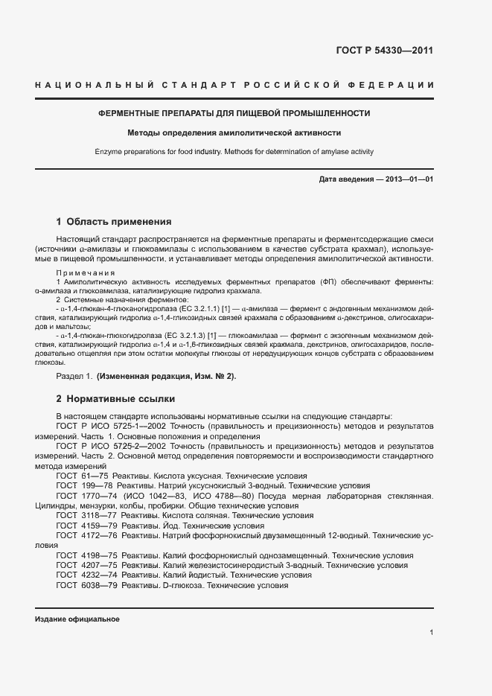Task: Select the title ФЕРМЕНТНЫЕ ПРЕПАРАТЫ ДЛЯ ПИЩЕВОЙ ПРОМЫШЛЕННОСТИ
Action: [x=234, y=114]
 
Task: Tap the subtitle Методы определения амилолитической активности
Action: [x=234, y=133]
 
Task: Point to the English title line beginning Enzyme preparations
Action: [x=234, y=152]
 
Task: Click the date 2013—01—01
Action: [x=408, y=180]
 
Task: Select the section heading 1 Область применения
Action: [x=114, y=221]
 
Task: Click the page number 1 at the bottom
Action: [x=431, y=633]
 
